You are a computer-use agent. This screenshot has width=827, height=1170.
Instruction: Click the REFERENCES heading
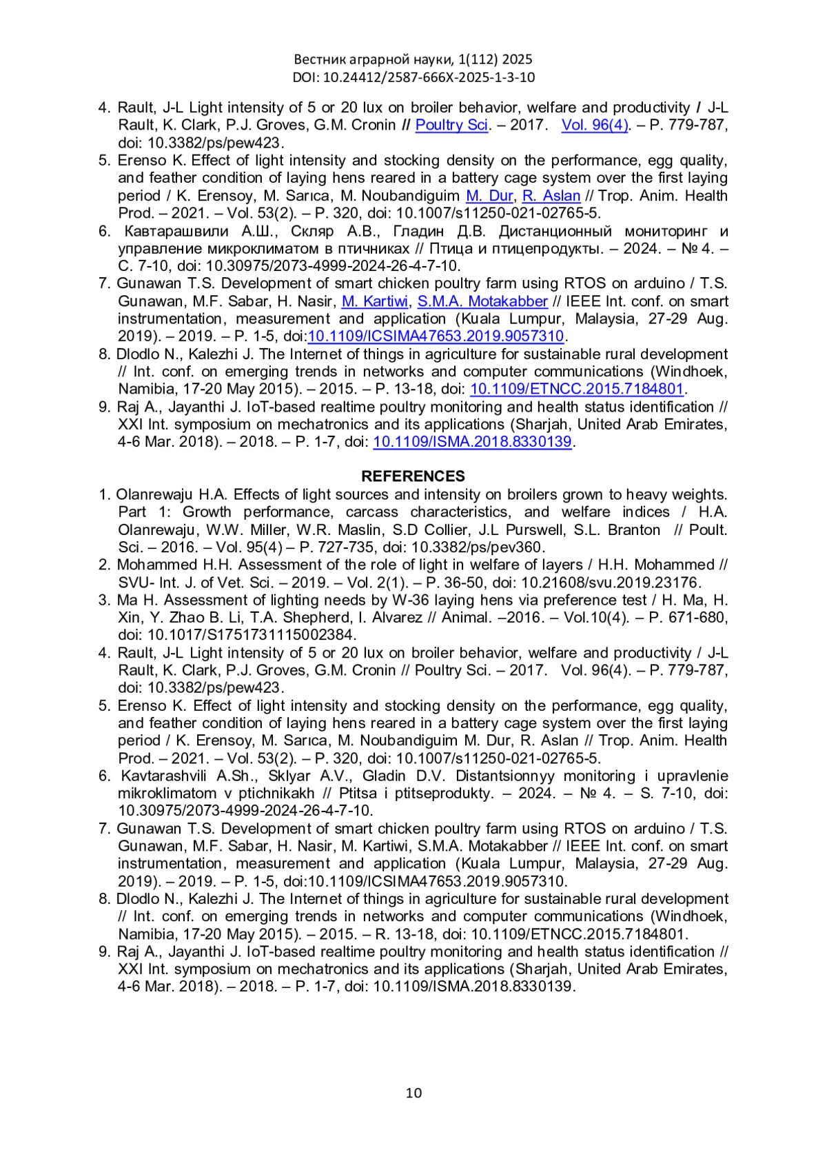tap(413, 476)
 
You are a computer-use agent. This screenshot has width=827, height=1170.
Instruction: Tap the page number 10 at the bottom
tap(413, 1093)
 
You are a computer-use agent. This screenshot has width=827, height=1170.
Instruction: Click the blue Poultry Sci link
tap(451, 125)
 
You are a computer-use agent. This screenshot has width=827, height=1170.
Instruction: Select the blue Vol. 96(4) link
tap(595, 125)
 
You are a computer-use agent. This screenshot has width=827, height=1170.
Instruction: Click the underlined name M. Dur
tap(489, 196)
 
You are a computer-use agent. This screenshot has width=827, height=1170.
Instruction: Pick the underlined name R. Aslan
tap(551, 196)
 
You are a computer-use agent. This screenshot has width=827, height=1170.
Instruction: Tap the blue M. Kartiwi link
tap(375, 301)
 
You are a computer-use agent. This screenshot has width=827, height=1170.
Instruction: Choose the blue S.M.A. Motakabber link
tap(482, 301)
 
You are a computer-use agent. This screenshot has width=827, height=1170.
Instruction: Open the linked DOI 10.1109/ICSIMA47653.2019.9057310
tap(436, 336)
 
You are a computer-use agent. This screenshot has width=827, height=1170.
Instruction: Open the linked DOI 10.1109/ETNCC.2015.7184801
tap(576, 389)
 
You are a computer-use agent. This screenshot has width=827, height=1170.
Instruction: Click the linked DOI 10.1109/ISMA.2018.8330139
tap(472, 442)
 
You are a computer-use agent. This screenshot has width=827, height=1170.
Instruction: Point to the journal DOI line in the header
tap(413, 77)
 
